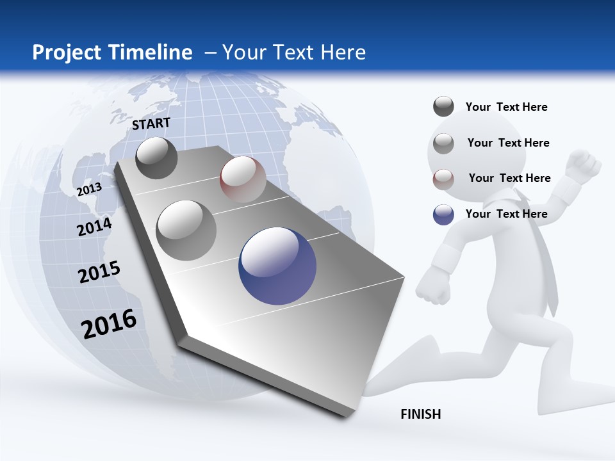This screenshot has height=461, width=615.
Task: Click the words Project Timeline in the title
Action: click(112, 53)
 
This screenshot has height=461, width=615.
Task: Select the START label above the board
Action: click(151, 124)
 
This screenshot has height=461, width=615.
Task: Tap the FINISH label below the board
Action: click(421, 414)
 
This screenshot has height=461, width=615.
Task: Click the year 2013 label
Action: click(89, 189)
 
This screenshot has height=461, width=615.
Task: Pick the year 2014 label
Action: click(94, 227)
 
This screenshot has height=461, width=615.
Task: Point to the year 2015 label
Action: click(99, 271)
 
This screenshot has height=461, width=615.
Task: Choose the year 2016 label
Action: click(109, 323)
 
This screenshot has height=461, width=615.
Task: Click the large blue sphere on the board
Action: click(277, 266)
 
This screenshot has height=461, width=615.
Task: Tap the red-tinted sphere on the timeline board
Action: click(243, 179)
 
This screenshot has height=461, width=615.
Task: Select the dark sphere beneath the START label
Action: click(156, 158)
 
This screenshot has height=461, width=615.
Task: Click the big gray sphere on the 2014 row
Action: click(186, 230)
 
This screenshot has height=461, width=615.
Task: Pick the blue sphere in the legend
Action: click(443, 214)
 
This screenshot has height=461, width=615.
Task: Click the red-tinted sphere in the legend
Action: click(443, 179)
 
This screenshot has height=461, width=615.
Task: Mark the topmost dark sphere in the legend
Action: click(443, 106)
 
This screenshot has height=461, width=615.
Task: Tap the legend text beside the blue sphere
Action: click(506, 214)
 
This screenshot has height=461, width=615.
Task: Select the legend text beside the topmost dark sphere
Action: click(506, 107)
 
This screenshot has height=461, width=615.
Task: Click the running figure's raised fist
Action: click(584, 165)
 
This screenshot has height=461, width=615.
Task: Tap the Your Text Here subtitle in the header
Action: click(293, 53)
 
